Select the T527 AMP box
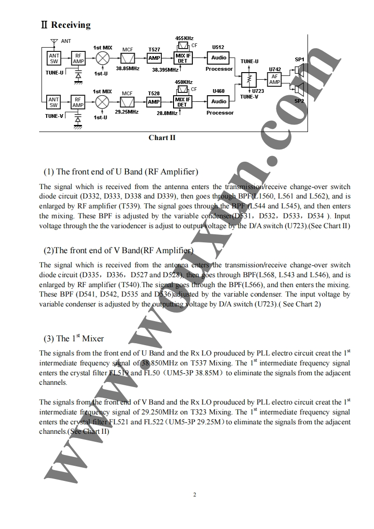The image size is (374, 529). pyautogui.click(x=154, y=58)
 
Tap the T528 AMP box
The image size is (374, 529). pyautogui.click(x=154, y=102)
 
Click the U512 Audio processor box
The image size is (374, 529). pyautogui.click(x=219, y=58)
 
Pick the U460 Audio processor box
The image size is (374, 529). pyautogui.click(x=219, y=102)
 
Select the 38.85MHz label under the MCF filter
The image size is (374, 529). pyautogui.click(x=127, y=68)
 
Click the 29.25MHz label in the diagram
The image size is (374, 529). pyautogui.click(x=127, y=112)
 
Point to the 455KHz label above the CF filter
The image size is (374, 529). pyautogui.click(x=184, y=38)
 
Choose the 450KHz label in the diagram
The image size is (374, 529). pyautogui.click(x=184, y=82)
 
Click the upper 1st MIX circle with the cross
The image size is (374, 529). pyautogui.click(x=102, y=58)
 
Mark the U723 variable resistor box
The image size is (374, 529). pyautogui.click(x=249, y=78)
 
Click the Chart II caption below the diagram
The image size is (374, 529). pyautogui.click(x=162, y=138)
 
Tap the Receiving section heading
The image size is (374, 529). pyautogui.click(x=66, y=25)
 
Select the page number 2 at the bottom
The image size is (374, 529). pyautogui.click(x=194, y=495)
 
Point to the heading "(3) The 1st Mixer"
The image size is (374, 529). pyautogui.click(x=74, y=339)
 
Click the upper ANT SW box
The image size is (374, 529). pyautogui.click(x=54, y=58)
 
